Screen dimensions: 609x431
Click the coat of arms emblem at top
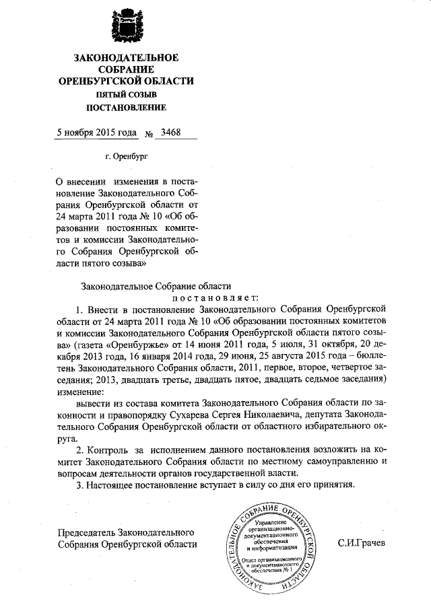click(127, 25)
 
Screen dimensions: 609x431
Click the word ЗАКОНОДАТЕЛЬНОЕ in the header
click(126, 58)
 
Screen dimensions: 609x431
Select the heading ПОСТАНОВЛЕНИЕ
click(126, 107)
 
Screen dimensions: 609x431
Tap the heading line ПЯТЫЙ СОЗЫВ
click(126, 94)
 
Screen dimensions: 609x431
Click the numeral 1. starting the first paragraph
click(80, 310)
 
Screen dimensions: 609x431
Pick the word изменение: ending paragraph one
click(81, 391)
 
